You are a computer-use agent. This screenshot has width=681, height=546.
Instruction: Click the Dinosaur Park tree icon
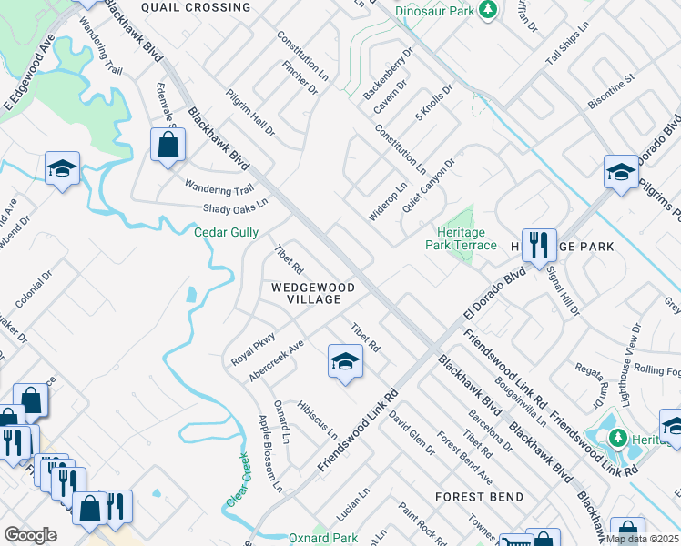click(489, 10)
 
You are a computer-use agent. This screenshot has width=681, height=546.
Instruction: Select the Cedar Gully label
click(227, 232)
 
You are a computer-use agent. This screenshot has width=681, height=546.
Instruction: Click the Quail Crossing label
click(196, 7)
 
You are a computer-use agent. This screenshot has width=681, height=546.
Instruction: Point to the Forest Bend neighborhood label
click(479, 497)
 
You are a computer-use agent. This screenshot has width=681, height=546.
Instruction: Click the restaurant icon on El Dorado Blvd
click(538, 244)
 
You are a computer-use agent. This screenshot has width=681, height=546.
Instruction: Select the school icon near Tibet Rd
click(345, 362)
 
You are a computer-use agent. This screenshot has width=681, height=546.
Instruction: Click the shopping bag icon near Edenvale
click(168, 145)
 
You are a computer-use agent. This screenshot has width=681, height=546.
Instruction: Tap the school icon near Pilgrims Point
click(621, 171)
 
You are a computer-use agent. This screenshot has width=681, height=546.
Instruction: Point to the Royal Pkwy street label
click(253, 348)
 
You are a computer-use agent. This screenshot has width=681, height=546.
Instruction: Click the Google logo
click(30, 535)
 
